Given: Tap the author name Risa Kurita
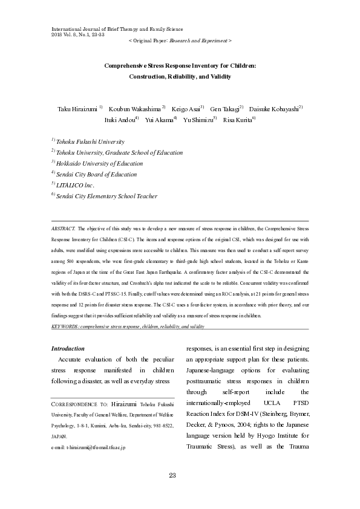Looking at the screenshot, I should (238, 120).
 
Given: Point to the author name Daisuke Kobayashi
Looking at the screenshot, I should (274, 109).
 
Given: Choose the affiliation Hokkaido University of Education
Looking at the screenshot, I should (99, 163).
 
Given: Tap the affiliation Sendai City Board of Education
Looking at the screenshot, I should (96, 174).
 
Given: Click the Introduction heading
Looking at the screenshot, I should (68, 349).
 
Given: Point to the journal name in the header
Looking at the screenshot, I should (118, 28).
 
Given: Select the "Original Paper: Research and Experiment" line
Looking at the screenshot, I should (180, 39).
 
